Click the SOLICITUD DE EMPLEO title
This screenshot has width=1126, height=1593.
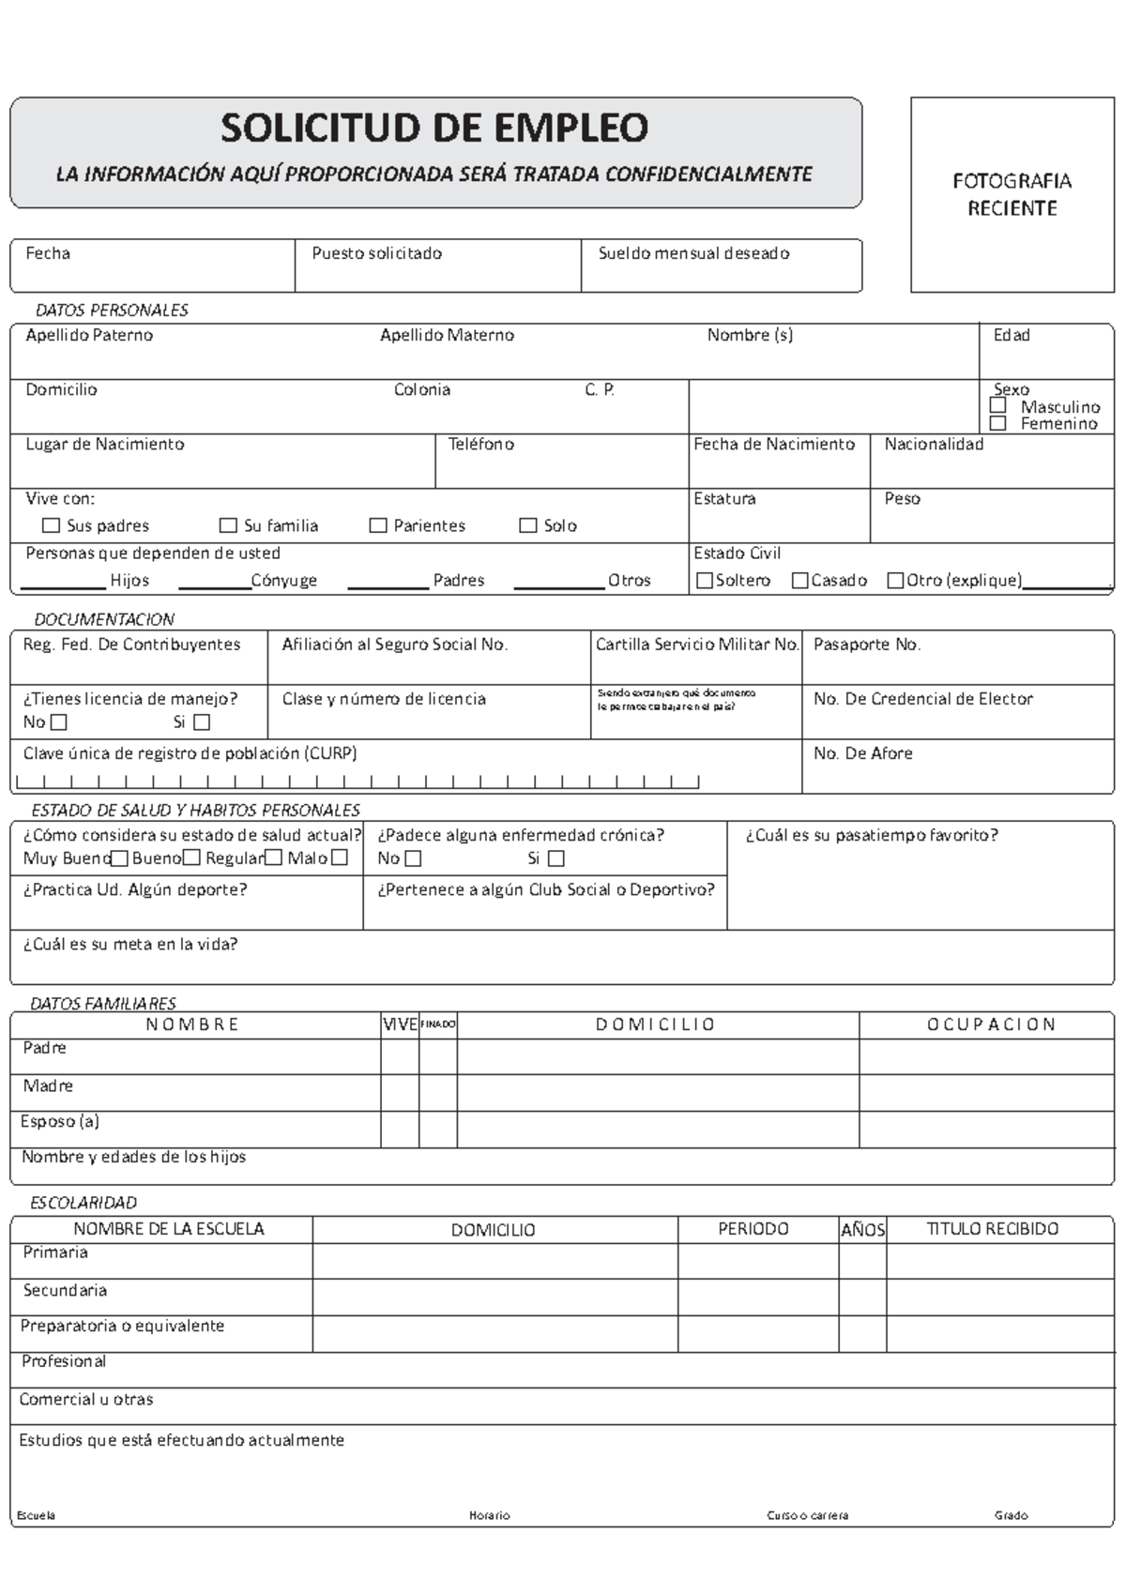[434, 129]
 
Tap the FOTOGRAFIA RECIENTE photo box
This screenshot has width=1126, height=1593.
[1012, 195]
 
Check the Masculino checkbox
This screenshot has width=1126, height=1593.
[998, 406]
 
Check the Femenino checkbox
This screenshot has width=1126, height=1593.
[998, 423]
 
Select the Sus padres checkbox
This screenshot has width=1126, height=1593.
[52, 525]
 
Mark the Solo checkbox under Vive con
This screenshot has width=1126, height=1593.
[528, 525]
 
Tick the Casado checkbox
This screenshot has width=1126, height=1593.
[800, 581]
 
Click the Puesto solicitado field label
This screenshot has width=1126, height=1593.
[377, 253]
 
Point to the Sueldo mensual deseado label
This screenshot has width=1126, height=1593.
[693, 253]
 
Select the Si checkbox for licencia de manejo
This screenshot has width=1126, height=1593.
[202, 722]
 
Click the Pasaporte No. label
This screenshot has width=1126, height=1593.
[867, 645]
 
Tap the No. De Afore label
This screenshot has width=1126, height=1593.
[862, 753]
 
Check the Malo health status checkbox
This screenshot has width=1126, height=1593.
[340, 857]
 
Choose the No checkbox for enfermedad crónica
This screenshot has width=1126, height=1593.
[413, 858]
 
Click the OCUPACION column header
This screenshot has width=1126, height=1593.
[991, 1024]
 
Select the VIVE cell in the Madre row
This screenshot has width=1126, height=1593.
[400, 1092]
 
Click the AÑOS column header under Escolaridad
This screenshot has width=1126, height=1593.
[862, 1230]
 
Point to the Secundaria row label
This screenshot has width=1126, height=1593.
[65, 1291]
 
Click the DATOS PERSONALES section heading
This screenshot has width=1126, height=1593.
[112, 311]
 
